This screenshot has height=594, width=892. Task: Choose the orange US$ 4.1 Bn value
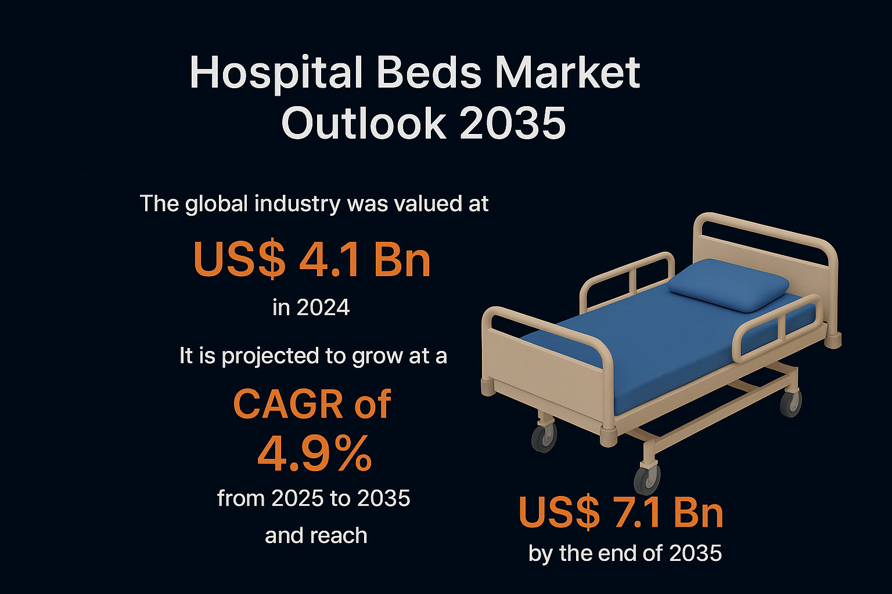[x=312, y=259]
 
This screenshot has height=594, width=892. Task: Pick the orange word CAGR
[x=288, y=404]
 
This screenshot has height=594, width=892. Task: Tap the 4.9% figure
[x=315, y=454]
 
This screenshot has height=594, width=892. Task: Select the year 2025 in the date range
[x=297, y=498]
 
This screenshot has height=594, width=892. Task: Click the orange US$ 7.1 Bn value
[x=621, y=513]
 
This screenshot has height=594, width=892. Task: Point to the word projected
[x=271, y=356]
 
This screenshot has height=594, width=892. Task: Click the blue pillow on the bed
[x=728, y=285]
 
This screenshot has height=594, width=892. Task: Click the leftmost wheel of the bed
[x=544, y=438]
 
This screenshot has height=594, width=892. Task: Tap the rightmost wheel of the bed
[x=791, y=404]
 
